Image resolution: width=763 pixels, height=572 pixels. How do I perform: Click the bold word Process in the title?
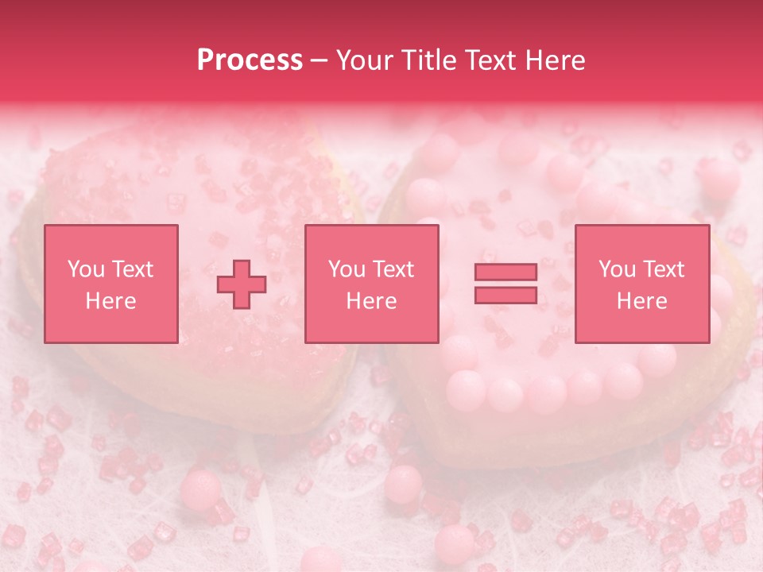(x=250, y=60)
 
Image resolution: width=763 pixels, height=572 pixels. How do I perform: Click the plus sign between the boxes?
(x=242, y=284)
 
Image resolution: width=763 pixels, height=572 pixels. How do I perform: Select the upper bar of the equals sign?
(x=505, y=272)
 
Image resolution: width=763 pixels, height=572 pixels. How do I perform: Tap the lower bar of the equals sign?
(x=505, y=296)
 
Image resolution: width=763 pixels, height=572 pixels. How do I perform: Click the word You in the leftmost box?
(x=84, y=269)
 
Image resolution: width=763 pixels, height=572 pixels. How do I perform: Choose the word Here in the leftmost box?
(x=110, y=301)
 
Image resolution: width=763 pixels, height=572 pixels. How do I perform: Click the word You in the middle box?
(x=346, y=269)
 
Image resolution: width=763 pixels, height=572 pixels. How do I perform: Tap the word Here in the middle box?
(x=372, y=301)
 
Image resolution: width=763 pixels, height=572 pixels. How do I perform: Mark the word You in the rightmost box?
(x=616, y=269)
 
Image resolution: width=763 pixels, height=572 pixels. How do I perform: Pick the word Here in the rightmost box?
(x=642, y=301)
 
